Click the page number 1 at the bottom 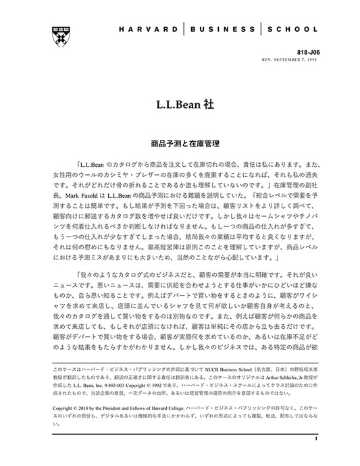315,438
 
